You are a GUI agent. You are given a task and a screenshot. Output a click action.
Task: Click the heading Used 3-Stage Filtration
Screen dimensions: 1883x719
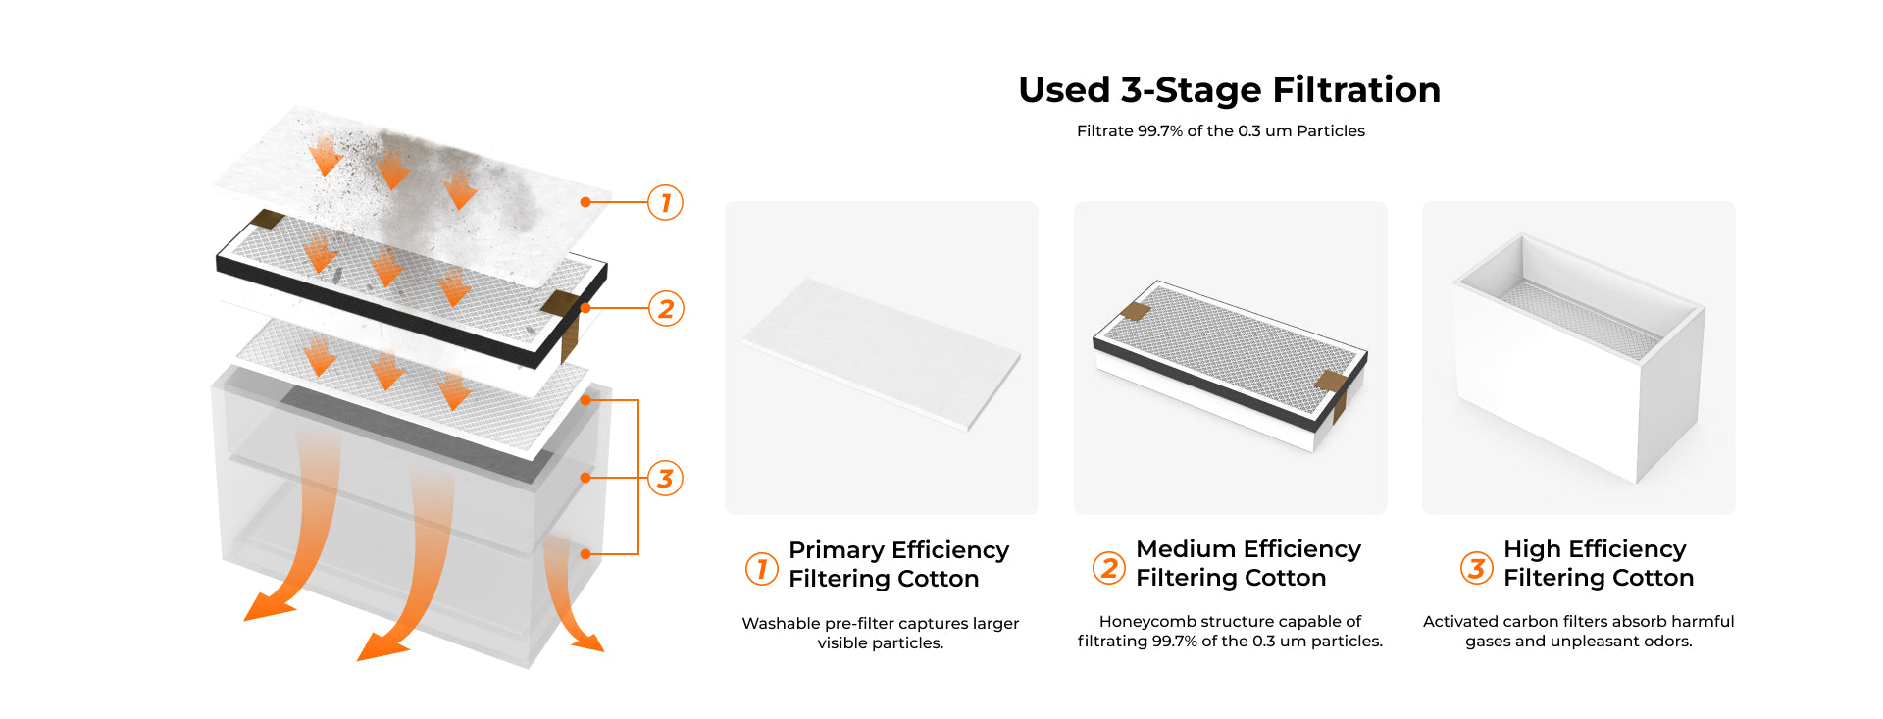pos(1229,89)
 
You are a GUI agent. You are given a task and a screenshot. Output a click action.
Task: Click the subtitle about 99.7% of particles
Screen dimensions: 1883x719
pos(1220,130)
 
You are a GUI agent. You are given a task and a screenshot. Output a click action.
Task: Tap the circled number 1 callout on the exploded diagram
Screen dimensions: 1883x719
pos(665,202)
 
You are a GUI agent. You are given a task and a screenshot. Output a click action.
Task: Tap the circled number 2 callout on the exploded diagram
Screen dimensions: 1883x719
pos(665,308)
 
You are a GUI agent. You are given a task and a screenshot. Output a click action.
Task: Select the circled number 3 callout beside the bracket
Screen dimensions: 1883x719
pos(665,478)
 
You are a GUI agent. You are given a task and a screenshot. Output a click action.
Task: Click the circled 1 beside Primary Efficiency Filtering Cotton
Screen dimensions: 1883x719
pos(761,568)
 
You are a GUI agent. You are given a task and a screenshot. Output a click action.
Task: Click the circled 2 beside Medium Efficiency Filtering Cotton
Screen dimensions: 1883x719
pos(1108,567)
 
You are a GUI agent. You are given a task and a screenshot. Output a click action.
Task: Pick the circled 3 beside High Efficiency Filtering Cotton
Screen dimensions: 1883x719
pos(1476,567)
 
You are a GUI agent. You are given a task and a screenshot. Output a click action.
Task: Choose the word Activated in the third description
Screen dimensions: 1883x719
pos(1461,621)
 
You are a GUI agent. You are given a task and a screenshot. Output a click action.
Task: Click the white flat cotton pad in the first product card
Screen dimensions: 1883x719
pos(881,354)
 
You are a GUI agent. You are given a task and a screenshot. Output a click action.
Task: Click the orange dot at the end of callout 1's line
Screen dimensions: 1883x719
pos(585,202)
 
